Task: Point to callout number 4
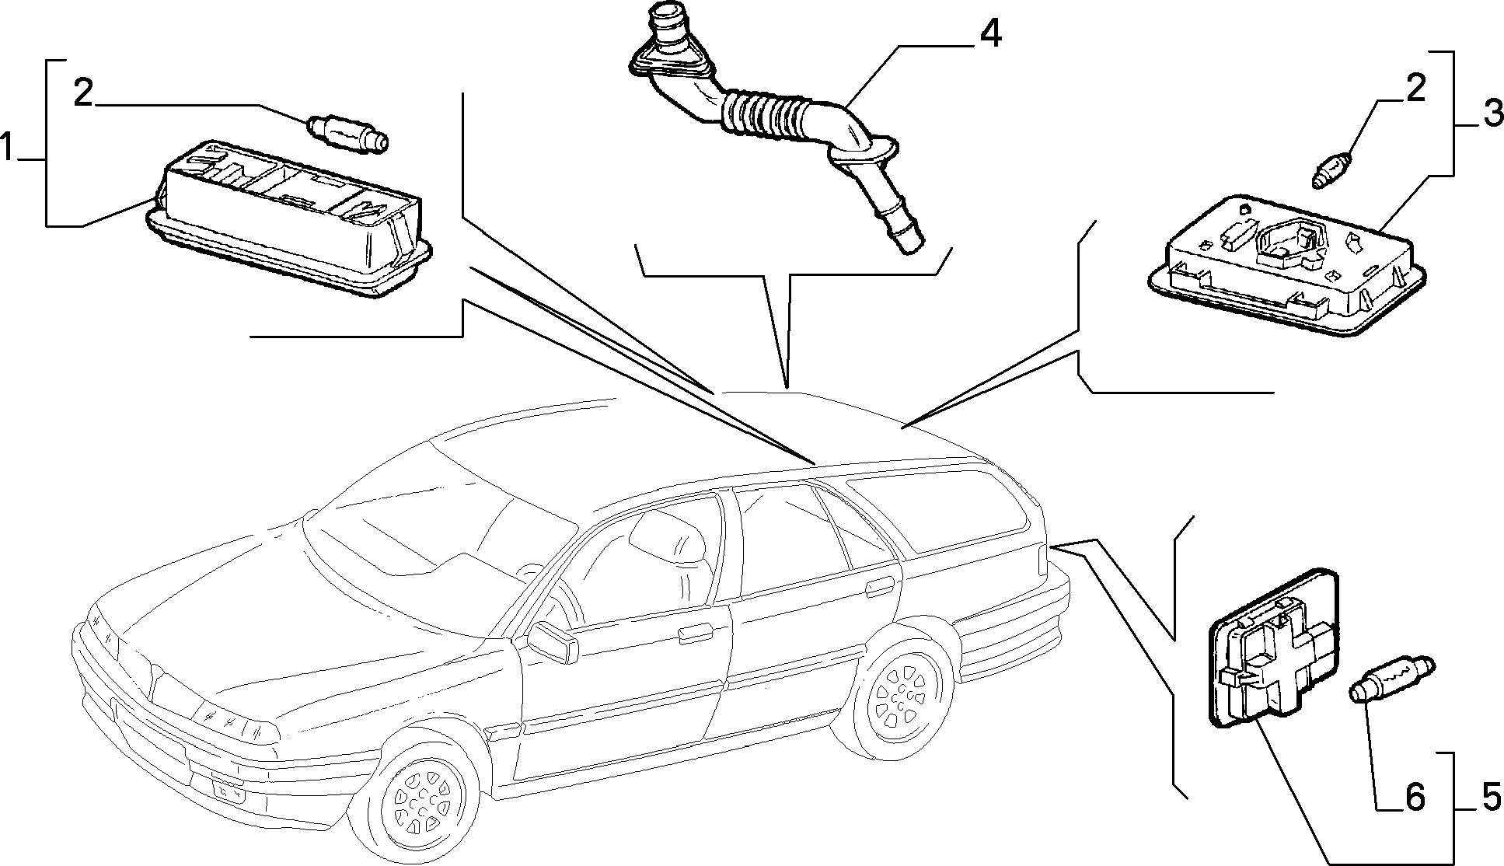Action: [x=989, y=35]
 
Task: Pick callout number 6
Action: [x=1414, y=796]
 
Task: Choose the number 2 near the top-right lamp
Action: [x=1415, y=89]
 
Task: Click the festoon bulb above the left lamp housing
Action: [x=348, y=133]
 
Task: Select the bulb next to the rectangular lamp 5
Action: [x=1393, y=679]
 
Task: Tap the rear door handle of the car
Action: [x=879, y=586]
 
